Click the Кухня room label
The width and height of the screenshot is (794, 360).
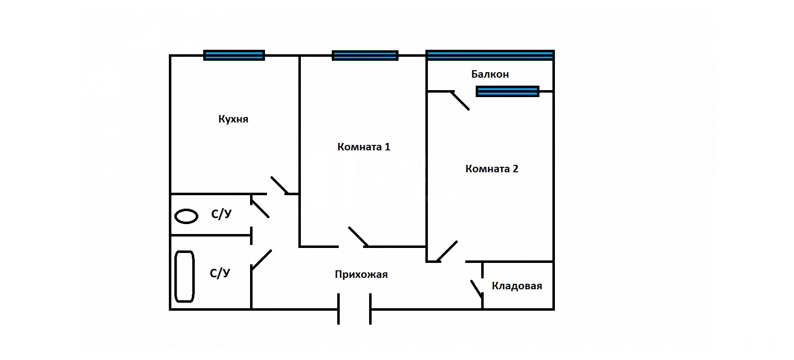coord(233,119)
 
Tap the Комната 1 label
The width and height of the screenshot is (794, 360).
coord(364,147)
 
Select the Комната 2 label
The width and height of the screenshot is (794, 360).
coord(492,169)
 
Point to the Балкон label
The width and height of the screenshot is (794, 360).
coord(490,74)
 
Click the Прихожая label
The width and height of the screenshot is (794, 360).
coord(361,274)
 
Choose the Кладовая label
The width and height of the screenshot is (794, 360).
coord(517,286)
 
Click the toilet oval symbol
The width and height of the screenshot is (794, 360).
coord(186,216)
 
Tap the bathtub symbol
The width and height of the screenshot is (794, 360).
coord(184,276)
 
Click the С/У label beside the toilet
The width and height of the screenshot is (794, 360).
coord(221,214)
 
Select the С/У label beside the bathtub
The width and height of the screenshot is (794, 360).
coord(220,273)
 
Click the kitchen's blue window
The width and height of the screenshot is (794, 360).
coord(234,55)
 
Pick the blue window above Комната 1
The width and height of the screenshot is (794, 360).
coord(365,55)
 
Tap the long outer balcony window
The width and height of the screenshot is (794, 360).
coord(490,55)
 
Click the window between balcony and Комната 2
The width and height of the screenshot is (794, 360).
coord(508,91)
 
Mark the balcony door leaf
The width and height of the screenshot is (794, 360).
coord(460,100)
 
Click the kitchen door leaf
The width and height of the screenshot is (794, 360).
coord(279,185)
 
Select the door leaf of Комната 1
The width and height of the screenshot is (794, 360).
coord(358,237)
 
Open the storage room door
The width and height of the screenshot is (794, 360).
coord(477,289)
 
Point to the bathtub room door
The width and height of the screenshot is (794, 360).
coord(262,260)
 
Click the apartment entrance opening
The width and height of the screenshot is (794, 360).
coord(355,309)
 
